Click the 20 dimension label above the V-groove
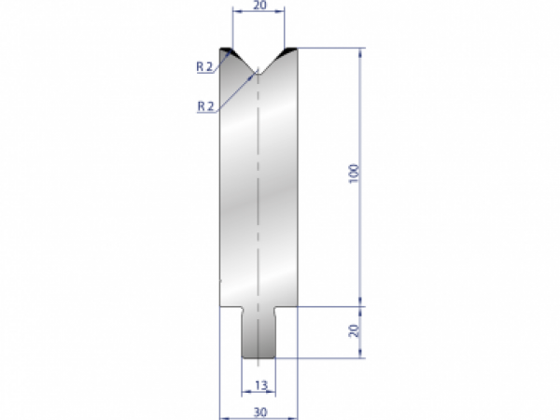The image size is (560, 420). [x=257, y=6]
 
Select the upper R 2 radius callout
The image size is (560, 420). [x=206, y=66]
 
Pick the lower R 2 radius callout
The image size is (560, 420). [x=206, y=106]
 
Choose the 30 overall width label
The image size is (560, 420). [x=258, y=411]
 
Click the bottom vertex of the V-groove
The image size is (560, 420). [x=258, y=73]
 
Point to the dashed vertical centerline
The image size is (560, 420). [x=258, y=205]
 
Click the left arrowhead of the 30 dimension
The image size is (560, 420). [x=223, y=418]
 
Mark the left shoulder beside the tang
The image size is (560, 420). [x=231, y=308]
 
